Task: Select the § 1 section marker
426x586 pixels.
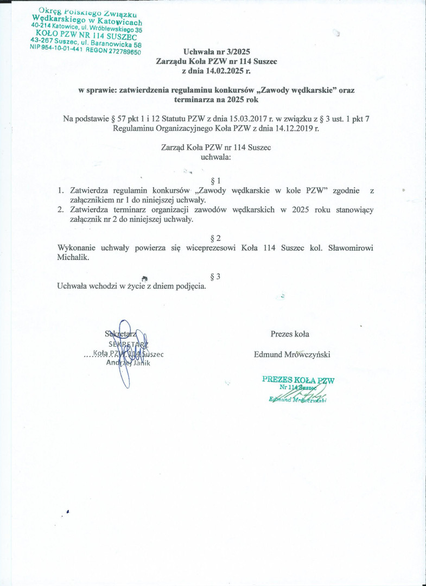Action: (215, 180)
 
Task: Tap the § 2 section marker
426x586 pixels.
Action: (215, 238)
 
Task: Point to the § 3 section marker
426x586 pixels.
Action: (215, 277)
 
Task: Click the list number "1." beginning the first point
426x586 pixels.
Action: (61, 191)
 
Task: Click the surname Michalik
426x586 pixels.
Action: (72, 258)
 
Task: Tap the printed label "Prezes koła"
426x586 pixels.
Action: (290, 334)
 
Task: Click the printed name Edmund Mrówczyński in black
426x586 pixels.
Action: (292, 354)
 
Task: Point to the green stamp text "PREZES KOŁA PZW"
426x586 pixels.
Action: (298, 380)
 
